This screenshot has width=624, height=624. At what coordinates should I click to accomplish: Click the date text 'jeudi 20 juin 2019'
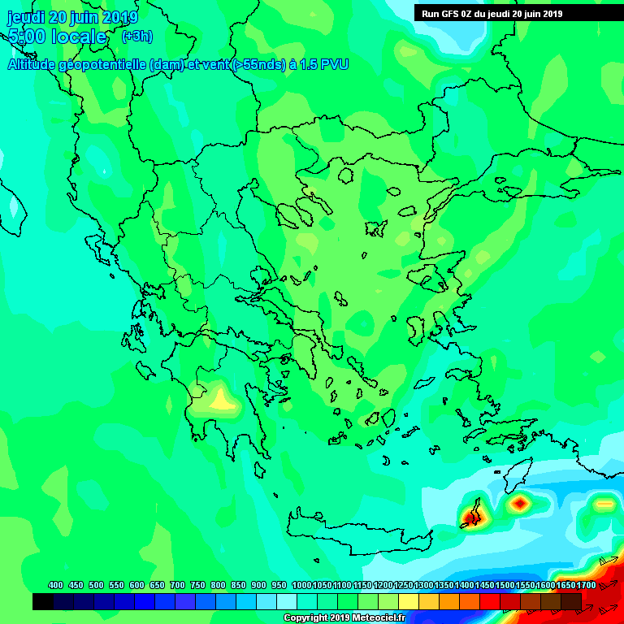pos(72,17)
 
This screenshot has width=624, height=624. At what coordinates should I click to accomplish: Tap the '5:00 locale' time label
pos(57,37)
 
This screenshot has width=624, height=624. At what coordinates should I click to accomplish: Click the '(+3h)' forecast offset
pos(136,37)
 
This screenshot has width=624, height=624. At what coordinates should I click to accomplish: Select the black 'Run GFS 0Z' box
pos(518,13)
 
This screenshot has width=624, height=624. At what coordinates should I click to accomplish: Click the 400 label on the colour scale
pos(56,585)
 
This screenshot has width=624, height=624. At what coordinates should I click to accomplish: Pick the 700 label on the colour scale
pos(177,585)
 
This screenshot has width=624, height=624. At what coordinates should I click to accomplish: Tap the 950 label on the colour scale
pos(279,585)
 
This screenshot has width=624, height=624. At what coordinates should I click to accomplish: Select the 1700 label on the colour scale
pos(586,585)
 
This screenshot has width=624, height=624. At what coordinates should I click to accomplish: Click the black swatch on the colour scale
pos(43,601)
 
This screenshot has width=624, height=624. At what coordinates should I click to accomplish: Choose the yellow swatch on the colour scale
pos(409,601)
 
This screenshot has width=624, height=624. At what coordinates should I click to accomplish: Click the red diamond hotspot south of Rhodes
pos(519,504)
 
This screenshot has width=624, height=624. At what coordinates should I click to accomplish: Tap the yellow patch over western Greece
pos(221,400)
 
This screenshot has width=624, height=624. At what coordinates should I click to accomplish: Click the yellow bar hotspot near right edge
pos(604,504)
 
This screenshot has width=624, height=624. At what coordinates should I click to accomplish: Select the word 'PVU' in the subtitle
pos(334,64)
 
